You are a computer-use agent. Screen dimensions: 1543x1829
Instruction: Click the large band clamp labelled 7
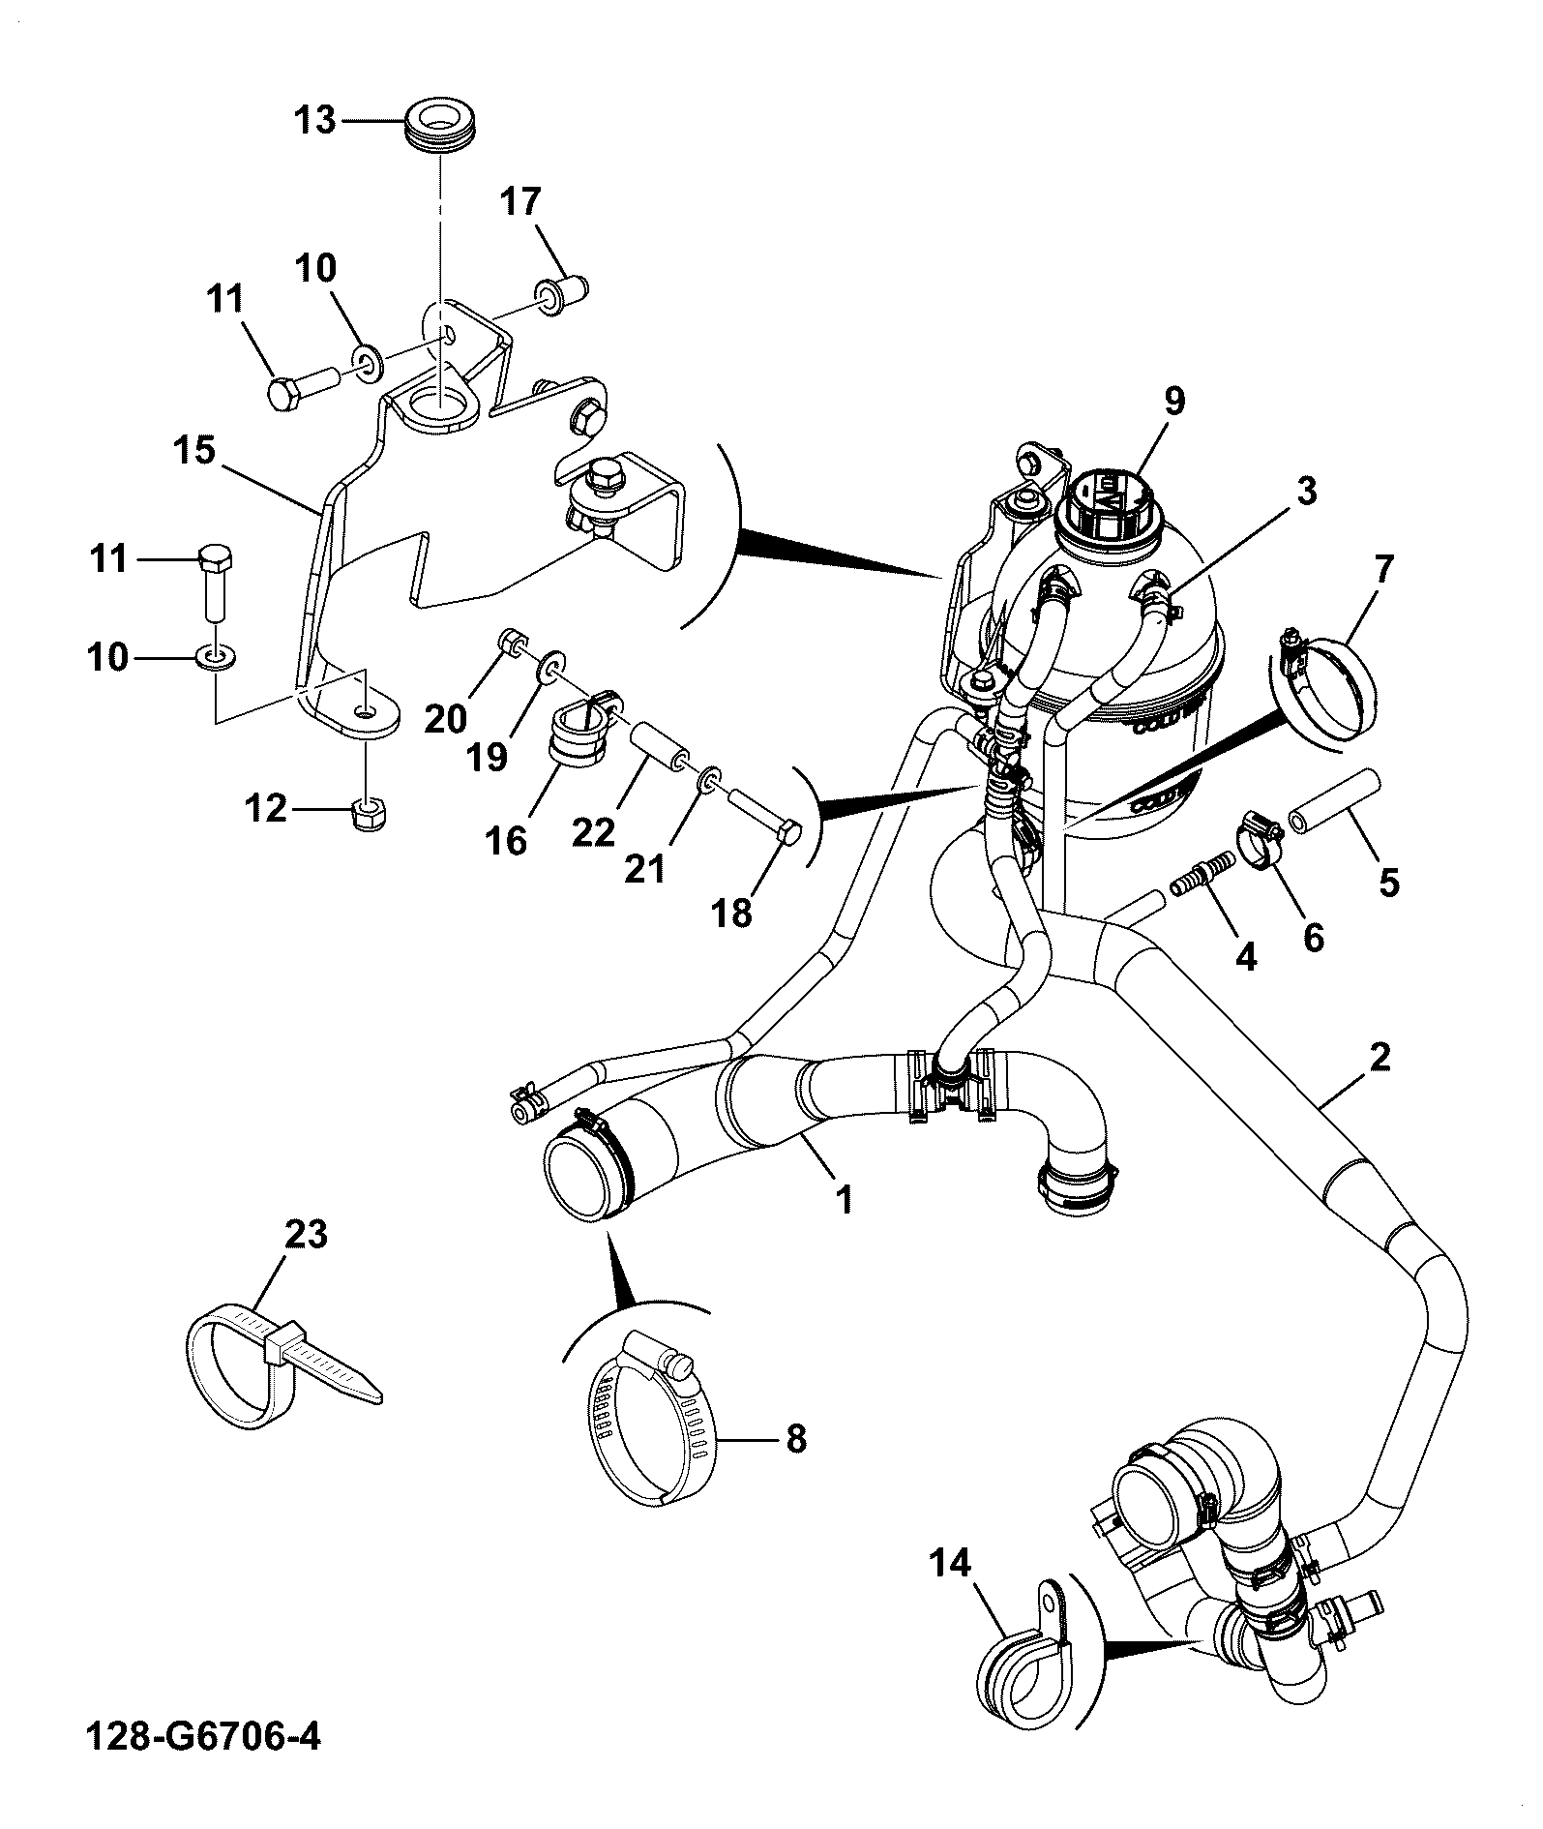tap(1325, 687)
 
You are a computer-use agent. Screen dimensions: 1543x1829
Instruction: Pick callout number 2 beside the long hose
tap(1380, 1056)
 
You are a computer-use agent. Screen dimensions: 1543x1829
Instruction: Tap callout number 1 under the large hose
tap(845, 1201)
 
